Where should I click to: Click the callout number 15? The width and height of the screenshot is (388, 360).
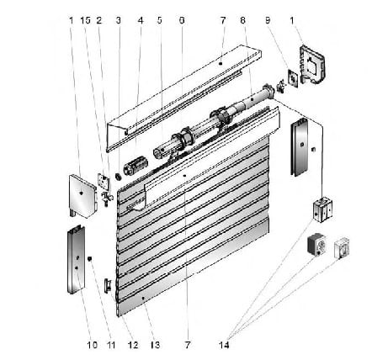click(x=86, y=20)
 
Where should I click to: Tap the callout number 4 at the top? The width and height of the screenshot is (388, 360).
click(x=141, y=20)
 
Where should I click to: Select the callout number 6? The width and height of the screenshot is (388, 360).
click(x=182, y=20)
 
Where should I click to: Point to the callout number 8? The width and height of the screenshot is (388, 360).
click(x=242, y=20)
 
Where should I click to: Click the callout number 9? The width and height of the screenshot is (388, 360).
click(x=268, y=20)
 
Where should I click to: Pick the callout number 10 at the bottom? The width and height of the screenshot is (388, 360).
click(x=92, y=345)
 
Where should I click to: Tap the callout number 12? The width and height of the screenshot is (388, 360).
click(x=133, y=345)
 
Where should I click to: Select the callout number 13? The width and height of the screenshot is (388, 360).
click(x=155, y=345)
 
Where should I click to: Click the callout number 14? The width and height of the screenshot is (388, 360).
click(x=224, y=345)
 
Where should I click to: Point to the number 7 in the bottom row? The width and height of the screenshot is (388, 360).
click(x=188, y=345)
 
